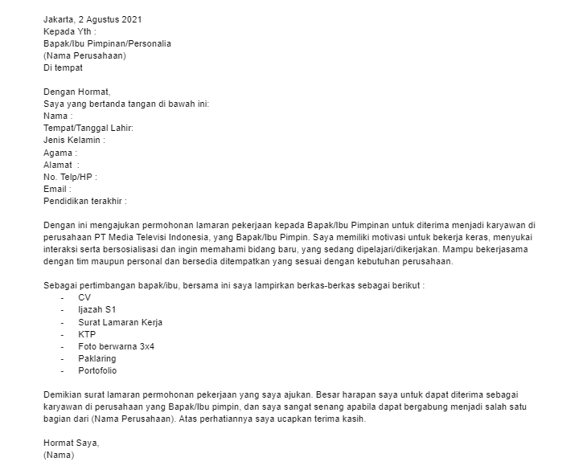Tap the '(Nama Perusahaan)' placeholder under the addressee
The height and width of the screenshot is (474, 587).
tap(84, 55)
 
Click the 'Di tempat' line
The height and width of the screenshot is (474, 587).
tap(63, 67)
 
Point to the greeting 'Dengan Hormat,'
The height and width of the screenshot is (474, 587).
tap(76, 92)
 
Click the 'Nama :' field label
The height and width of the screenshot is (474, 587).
tap(58, 116)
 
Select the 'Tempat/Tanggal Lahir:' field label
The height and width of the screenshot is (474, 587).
tap(88, 129)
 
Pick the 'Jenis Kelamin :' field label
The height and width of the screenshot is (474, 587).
tap(74, 141)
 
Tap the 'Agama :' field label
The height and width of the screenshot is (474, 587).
tap(60, 153)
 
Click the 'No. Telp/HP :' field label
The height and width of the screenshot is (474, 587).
tap(71, 177)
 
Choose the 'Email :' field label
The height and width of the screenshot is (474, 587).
tap(57, 189)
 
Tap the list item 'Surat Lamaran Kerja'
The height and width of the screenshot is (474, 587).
tap(119, 322)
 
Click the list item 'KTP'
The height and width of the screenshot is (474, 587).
tap(88, 334)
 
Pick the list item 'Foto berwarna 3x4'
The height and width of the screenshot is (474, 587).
tap(116, 346)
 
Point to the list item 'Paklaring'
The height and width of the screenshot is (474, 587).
tap(97, 358)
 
